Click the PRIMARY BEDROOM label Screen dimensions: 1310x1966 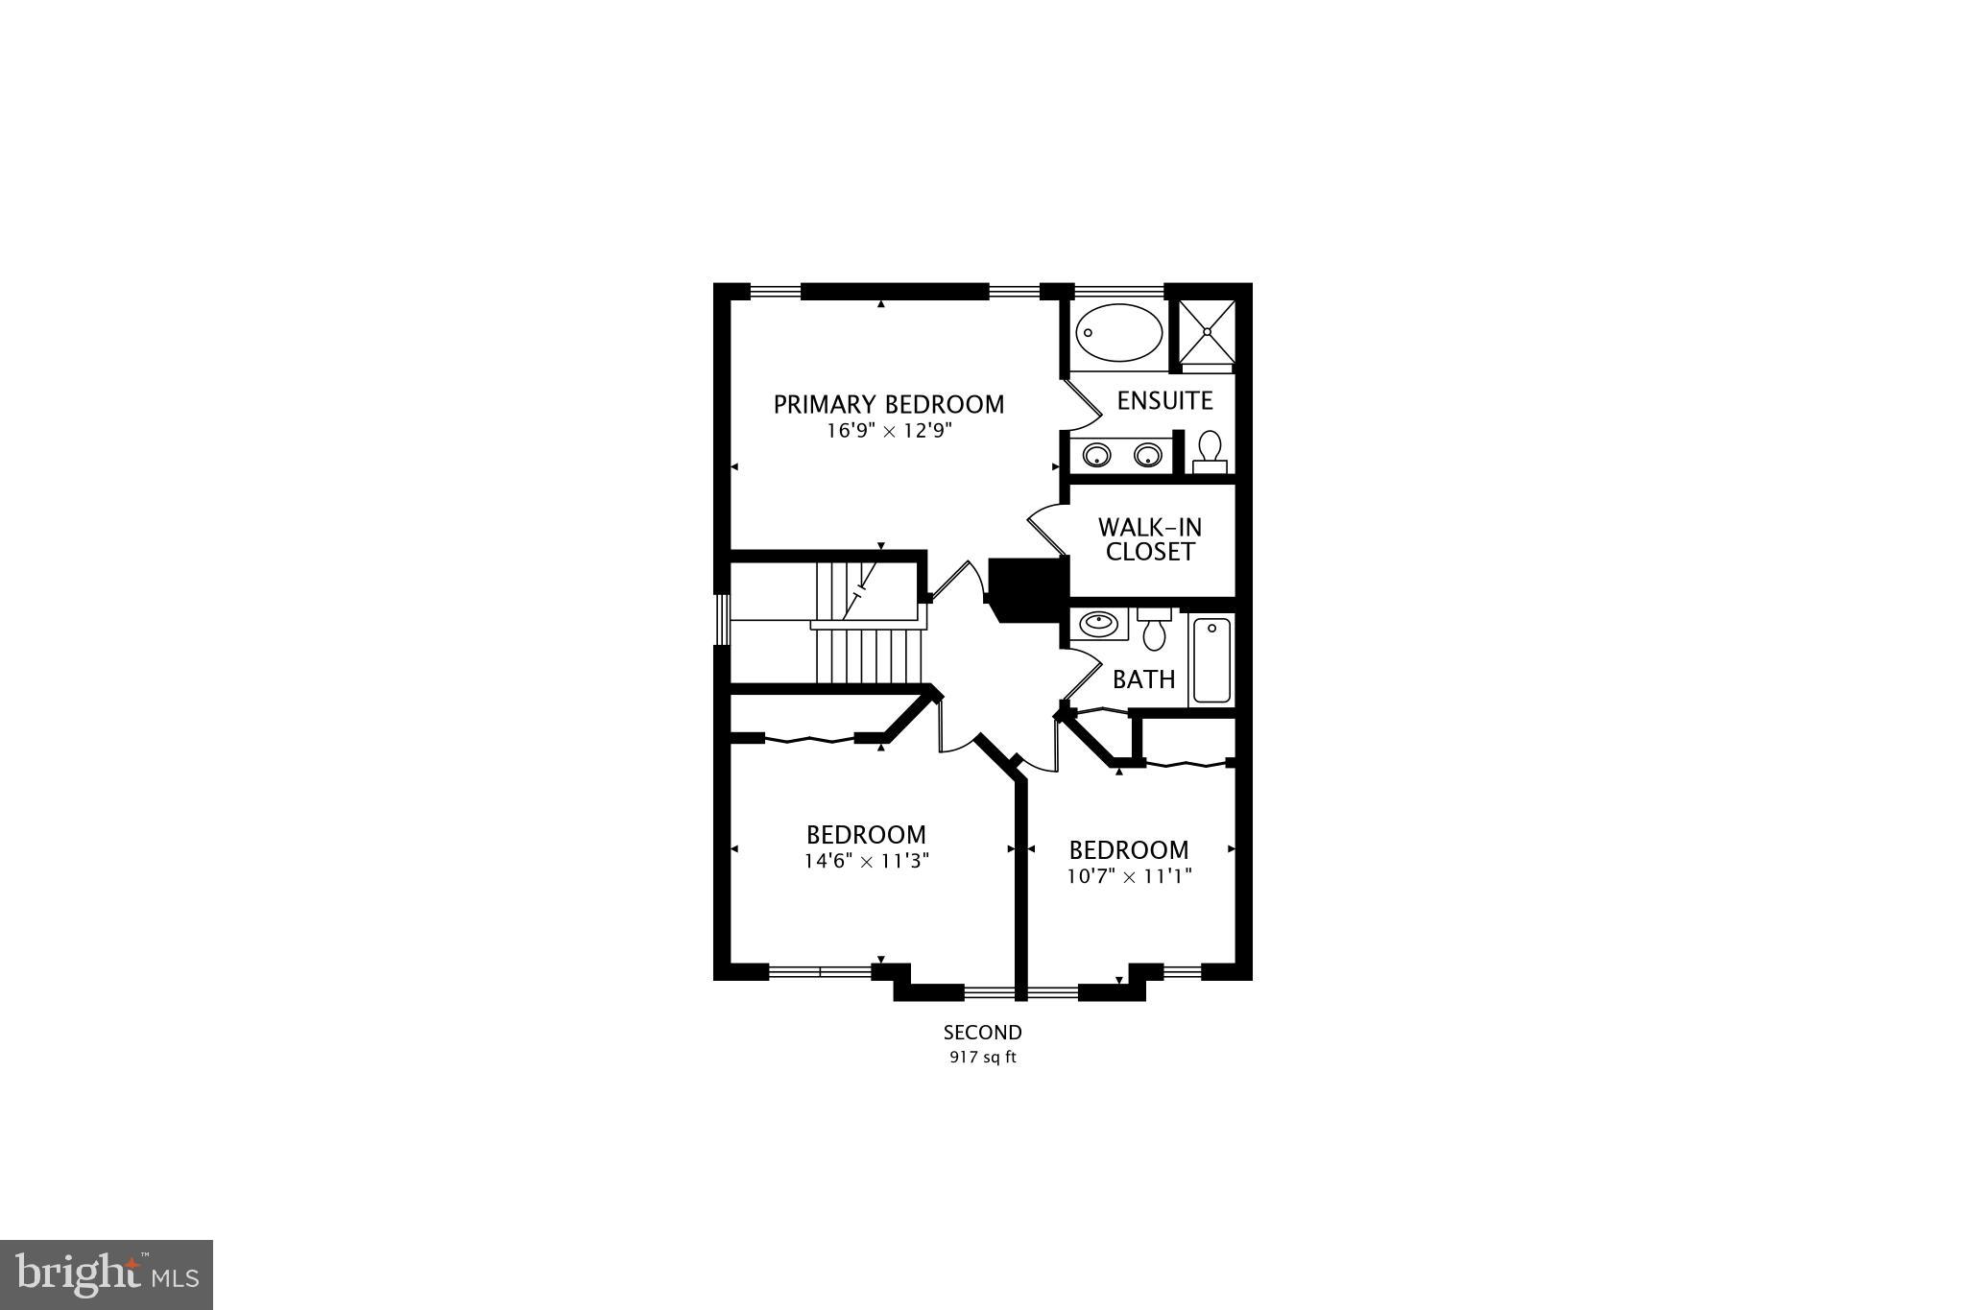(889, 405)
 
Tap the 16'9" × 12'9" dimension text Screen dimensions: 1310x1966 (889, 431)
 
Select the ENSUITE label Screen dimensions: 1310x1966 (1164, 400)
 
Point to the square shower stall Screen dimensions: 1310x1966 (1207, 331)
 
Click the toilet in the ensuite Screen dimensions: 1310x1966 (1210, 450)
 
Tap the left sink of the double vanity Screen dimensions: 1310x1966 (1096, 455)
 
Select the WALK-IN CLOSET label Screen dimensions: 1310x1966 (1150, 539)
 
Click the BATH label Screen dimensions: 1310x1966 (1143, 679)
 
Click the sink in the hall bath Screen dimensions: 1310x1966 (1097, 625)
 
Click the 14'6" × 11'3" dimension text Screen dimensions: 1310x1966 (867, 861)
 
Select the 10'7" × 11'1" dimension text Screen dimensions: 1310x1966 (1129, 876)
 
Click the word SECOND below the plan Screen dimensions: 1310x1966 (982, 1033)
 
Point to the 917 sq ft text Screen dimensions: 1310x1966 (982, 1059)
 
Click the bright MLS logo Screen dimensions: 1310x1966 (107, 1274)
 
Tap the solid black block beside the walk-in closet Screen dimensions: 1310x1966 (1028, 587)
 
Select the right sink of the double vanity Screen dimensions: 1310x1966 (1148, 455)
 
